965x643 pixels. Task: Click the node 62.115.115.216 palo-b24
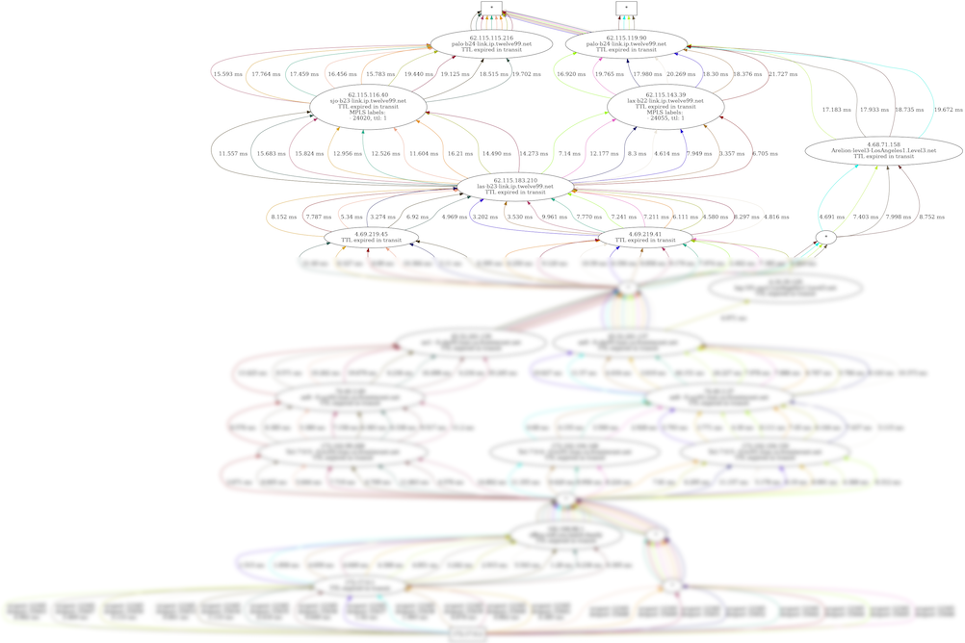491,43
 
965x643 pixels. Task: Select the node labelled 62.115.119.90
626,43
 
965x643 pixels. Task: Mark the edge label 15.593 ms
229,74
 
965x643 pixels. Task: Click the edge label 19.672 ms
948,110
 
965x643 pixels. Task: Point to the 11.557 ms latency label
233,154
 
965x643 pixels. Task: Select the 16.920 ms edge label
572,74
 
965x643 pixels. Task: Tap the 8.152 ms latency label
285,218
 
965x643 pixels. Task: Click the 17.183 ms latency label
837,110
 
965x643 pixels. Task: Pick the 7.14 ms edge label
569,154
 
